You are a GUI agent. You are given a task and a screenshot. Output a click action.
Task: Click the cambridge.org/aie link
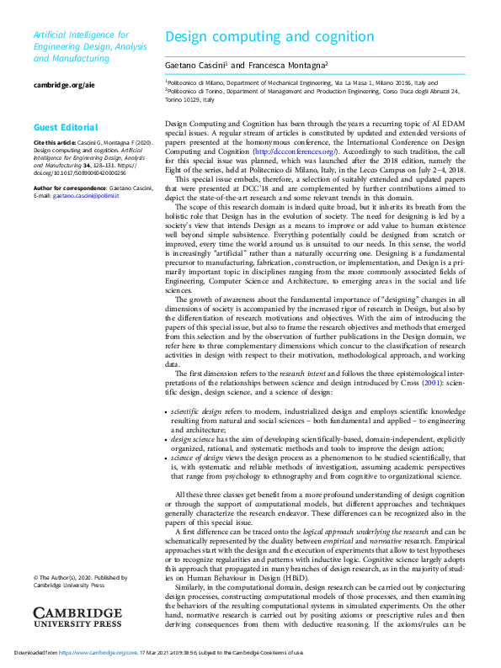63,86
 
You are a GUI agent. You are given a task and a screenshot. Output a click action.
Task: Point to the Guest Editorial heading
66,127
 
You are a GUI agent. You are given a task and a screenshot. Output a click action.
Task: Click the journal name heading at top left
81,47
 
